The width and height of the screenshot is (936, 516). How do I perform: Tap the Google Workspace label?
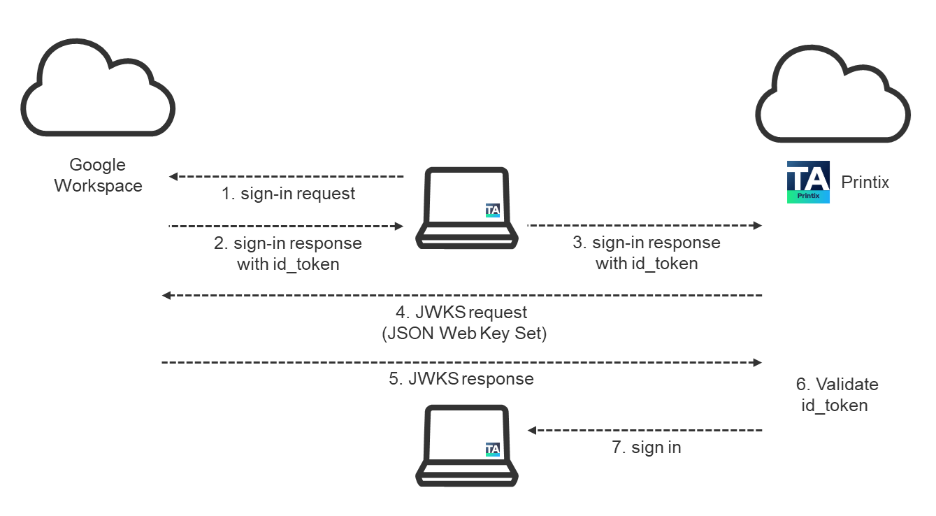[98, 175]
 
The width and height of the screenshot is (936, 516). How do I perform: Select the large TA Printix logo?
[808, 182]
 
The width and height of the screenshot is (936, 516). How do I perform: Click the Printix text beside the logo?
[865, 182]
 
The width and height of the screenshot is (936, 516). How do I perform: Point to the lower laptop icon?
[467, 447]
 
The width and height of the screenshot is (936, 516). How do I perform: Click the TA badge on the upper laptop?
[493, 210]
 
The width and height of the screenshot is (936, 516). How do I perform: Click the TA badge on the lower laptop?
[493, 449]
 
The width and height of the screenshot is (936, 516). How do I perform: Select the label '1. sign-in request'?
[288, 194]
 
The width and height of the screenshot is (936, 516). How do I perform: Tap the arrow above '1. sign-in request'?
[287, 176]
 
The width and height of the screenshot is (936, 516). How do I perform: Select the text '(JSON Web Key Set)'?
[464, 334]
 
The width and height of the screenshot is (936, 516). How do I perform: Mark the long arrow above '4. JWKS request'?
[462, 296]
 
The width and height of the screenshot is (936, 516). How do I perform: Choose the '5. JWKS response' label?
[461, 379]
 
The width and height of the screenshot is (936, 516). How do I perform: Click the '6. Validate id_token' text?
[837, 395]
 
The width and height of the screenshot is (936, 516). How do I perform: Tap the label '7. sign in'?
[646, 447]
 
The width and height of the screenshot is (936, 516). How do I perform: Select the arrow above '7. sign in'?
[645, 430]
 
